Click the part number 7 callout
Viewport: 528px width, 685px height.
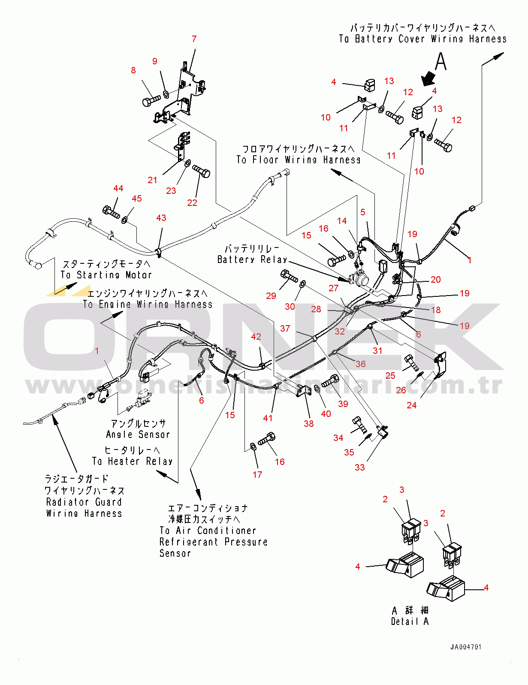[194, 39]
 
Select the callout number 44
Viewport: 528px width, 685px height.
[118, 188]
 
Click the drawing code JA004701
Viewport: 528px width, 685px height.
[466, 647]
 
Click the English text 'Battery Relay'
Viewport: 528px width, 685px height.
[252, 260]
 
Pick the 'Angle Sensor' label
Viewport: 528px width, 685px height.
[138, 435]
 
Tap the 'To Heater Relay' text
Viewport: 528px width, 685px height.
[132, 462]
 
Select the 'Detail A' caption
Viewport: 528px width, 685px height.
[410, 622]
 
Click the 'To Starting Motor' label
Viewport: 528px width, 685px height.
[106, 275]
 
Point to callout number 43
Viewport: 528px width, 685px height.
[161, 218]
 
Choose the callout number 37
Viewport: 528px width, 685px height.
[285, 328]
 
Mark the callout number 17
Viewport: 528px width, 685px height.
[257, 474]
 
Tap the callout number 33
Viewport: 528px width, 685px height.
[359, 467]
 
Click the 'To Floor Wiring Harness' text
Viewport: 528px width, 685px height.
[299, 160]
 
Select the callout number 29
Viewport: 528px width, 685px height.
[271, 296]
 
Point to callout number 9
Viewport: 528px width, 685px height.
[154, 61]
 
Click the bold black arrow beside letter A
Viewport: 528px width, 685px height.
[428, 78]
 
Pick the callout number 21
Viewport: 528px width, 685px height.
[152, 180]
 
